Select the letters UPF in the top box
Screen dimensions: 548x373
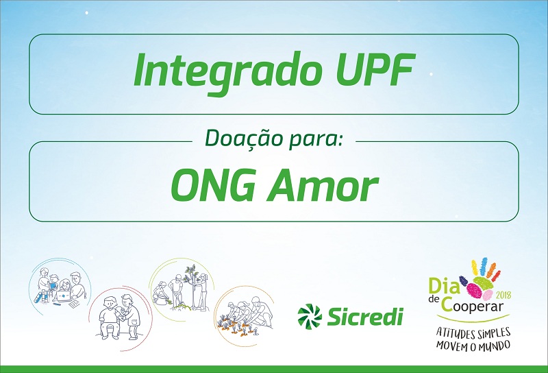point(375,70)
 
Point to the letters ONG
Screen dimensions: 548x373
point(212,184)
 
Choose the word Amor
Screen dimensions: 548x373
point(323,184)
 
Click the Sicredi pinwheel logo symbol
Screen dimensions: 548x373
point(310,316)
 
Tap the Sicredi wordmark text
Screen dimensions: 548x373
point(365,316)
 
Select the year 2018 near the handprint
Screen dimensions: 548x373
point(503,296)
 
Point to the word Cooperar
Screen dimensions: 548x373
point(472,304)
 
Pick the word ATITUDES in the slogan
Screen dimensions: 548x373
point(455,333)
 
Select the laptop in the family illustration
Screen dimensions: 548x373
point(63,297)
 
